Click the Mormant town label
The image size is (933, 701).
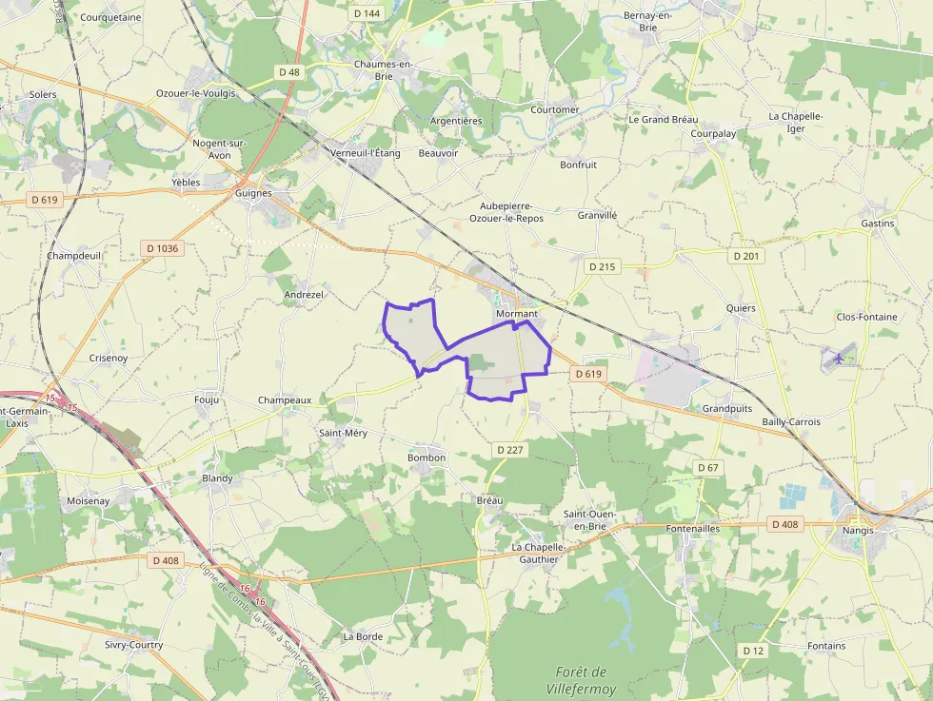[517, 314]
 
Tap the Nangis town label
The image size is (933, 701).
[857, 530]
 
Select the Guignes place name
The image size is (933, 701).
[253, 193]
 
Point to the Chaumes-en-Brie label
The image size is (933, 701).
[382, 69]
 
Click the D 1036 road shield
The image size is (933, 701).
[163, 248]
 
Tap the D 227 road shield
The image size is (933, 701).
[510, 448]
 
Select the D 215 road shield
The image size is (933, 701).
[602, 266]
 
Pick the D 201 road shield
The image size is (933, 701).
[746, 257]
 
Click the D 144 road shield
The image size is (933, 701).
[366, 13]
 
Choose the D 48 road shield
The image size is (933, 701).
[289, 72]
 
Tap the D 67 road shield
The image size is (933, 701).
[707, 468]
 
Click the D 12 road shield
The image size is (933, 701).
[752, 650]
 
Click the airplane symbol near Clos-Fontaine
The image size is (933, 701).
[838, 359]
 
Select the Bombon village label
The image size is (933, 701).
[426, 458]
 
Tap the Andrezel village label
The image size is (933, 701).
[304, 295]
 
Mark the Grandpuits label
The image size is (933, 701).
[728, 409]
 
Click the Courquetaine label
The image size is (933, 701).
[110, 17]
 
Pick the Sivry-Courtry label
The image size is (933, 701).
[133, 645]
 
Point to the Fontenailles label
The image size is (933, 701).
[693, 528]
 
